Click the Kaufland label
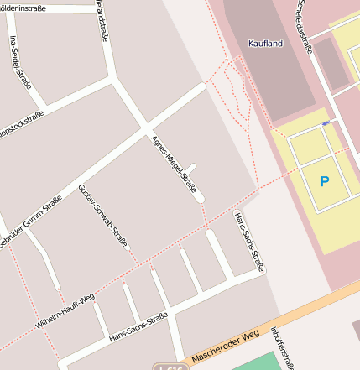[265, 43]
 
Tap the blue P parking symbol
[325, 180]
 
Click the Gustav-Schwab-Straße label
[102, 215]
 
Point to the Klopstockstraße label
[20, 124]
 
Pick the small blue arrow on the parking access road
[325, 124]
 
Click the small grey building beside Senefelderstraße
[331, 64]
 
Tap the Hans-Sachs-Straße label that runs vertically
[249, 241]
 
